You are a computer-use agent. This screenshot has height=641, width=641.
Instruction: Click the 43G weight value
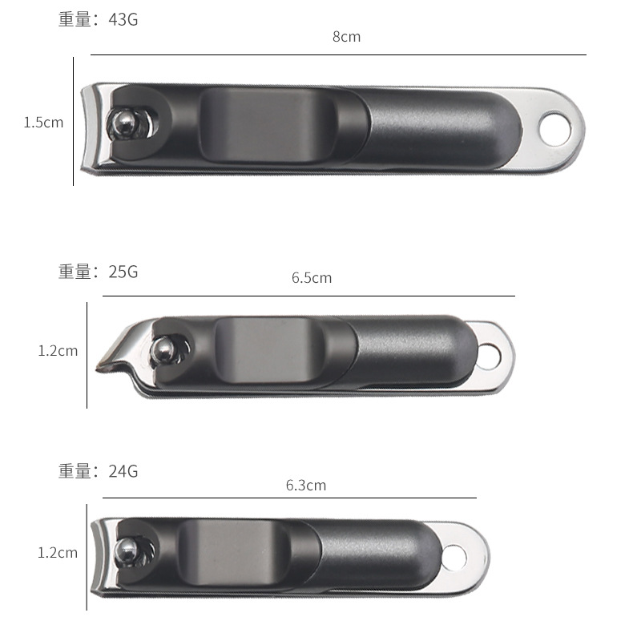[x=123, y=19]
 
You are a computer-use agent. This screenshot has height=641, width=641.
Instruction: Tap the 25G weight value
[x=123, y=272]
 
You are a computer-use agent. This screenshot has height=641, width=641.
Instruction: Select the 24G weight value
[x=123, y=471]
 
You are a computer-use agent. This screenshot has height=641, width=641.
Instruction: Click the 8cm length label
[x=347, y=37]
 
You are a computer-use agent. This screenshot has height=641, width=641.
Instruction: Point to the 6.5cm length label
[x=312, y=278]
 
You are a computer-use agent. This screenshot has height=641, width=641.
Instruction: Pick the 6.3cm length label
[x=306, y=486]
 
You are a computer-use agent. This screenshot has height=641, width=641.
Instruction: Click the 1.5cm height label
[x=43, y=123]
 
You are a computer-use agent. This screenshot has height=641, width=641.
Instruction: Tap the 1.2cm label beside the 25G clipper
[x=58, y=351]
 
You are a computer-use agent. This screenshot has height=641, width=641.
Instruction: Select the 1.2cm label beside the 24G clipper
[x=57, y=553]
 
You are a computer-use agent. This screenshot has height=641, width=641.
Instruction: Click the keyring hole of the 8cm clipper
[x=554, y=129]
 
